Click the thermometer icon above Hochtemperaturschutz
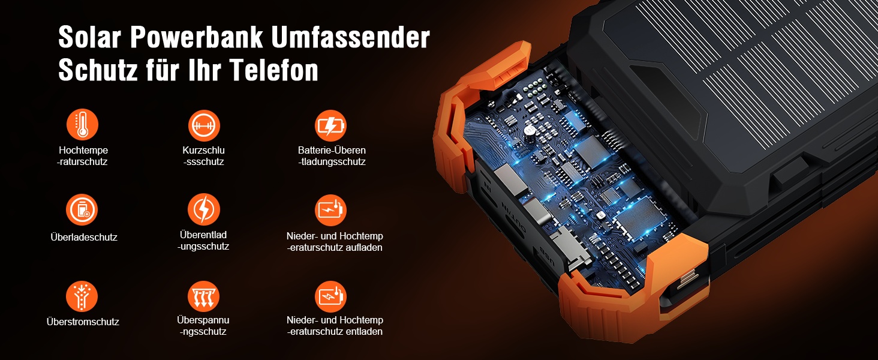pos(82,124)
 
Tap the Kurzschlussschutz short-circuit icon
pos(204,125)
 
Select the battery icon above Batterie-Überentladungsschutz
pos(330,125)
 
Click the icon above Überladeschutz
pos(82,210)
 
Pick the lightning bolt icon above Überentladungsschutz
pos(204,209)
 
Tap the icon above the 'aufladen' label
pos(330,210)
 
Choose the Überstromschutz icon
pos(82,296)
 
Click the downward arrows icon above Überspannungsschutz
pos(204,296)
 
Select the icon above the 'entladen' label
pos(330,296)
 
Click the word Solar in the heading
pos(90,37)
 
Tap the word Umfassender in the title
pos(350,37)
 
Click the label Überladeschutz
pos(84,237)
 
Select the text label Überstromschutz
pos(83,322)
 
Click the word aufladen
pos(364,247)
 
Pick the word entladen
pos(365,331)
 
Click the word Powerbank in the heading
pos(196,37)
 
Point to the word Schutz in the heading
pos(98,70)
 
